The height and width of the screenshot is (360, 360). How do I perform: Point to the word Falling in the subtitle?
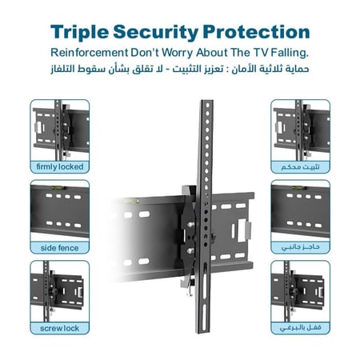(x=288, y=52)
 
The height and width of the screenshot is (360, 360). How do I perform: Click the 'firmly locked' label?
(x=59, y=167)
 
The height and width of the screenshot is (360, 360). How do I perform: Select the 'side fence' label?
(x=59, y=247)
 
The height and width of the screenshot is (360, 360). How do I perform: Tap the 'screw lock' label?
(x=59, y=328)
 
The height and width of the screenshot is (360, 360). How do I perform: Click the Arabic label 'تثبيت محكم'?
(x=300, y=167)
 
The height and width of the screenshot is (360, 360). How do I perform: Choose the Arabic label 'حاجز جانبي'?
(x=300, y=247)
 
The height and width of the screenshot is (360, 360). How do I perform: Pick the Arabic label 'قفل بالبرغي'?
(x=300, y=328)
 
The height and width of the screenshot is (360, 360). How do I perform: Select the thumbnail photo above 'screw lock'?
(x=59, y=290)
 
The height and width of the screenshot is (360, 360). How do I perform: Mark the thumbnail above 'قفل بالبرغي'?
(x=300, y=290)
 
